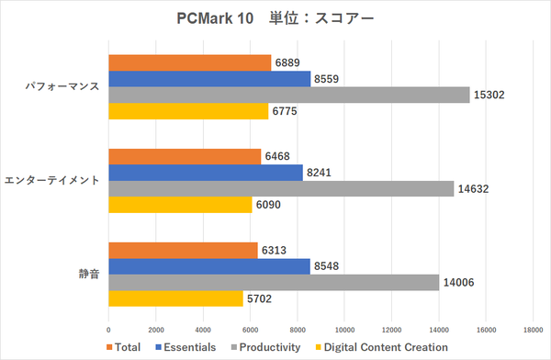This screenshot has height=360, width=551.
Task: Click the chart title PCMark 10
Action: [x=275, y=18]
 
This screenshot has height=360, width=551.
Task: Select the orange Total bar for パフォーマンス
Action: [x=190, y=62]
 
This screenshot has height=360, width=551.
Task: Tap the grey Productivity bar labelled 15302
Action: [x=289, y=95]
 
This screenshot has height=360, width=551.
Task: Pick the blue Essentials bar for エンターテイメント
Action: [x=206, y=173]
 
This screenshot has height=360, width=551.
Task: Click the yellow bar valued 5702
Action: [x=176, y=298]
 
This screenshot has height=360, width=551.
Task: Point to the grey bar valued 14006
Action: [x=274, y=282]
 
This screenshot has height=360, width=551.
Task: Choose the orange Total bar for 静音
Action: [x=184, y=250]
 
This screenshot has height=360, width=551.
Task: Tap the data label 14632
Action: [x=473, y=189]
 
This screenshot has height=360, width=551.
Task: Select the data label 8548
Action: [x=326, y=266]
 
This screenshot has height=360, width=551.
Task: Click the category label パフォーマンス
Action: [x=62, y=87]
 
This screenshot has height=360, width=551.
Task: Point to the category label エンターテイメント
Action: [x=53, y=181]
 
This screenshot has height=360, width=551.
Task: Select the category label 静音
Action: [x=85, y=275]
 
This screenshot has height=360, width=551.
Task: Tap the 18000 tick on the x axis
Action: [x=534, y=329]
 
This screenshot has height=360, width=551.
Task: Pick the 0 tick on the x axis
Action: [x=109, y=329]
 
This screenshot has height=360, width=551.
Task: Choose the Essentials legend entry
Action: [x=185, y=346]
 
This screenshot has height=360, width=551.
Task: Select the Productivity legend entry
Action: [x=268, y=346]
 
